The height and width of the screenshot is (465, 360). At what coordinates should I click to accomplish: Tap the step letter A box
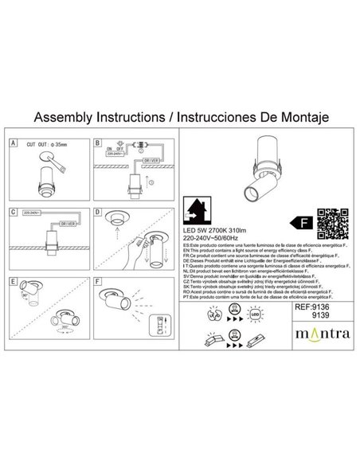point(13,143)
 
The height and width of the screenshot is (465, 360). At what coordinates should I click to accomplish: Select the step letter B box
point(98,143)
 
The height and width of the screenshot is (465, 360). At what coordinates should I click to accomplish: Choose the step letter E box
point(13,280)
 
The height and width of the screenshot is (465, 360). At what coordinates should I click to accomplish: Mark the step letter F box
point(98,280)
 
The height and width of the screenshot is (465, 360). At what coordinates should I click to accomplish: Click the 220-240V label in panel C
point(32,213)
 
